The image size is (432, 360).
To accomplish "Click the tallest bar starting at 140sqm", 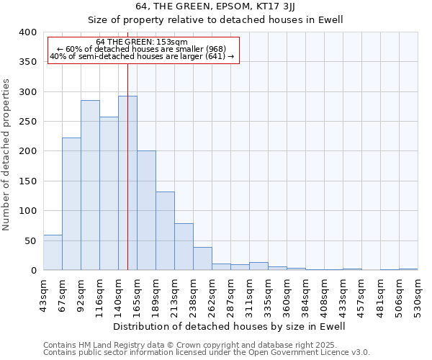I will click(x=127, y=183).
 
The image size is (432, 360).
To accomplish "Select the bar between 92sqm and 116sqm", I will click(x=90, y=185).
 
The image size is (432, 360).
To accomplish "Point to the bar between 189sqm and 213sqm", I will click(x=165, y=230).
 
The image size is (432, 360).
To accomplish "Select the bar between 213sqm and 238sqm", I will click(x=184, y=246).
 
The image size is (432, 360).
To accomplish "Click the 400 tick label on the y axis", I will click(x=27, y=32).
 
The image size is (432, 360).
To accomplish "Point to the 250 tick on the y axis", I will click(x=27, y=122).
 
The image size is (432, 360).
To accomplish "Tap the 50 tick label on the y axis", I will click(x=30, y=240).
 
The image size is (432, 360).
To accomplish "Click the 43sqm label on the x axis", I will click(x=44, y=292).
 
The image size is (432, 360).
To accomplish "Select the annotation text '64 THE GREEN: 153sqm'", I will click(x=142, y=42).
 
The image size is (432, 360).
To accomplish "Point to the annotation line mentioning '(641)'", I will click(x=142, y=56).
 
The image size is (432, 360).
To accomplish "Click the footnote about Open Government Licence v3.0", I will click(x=207, y=352).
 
